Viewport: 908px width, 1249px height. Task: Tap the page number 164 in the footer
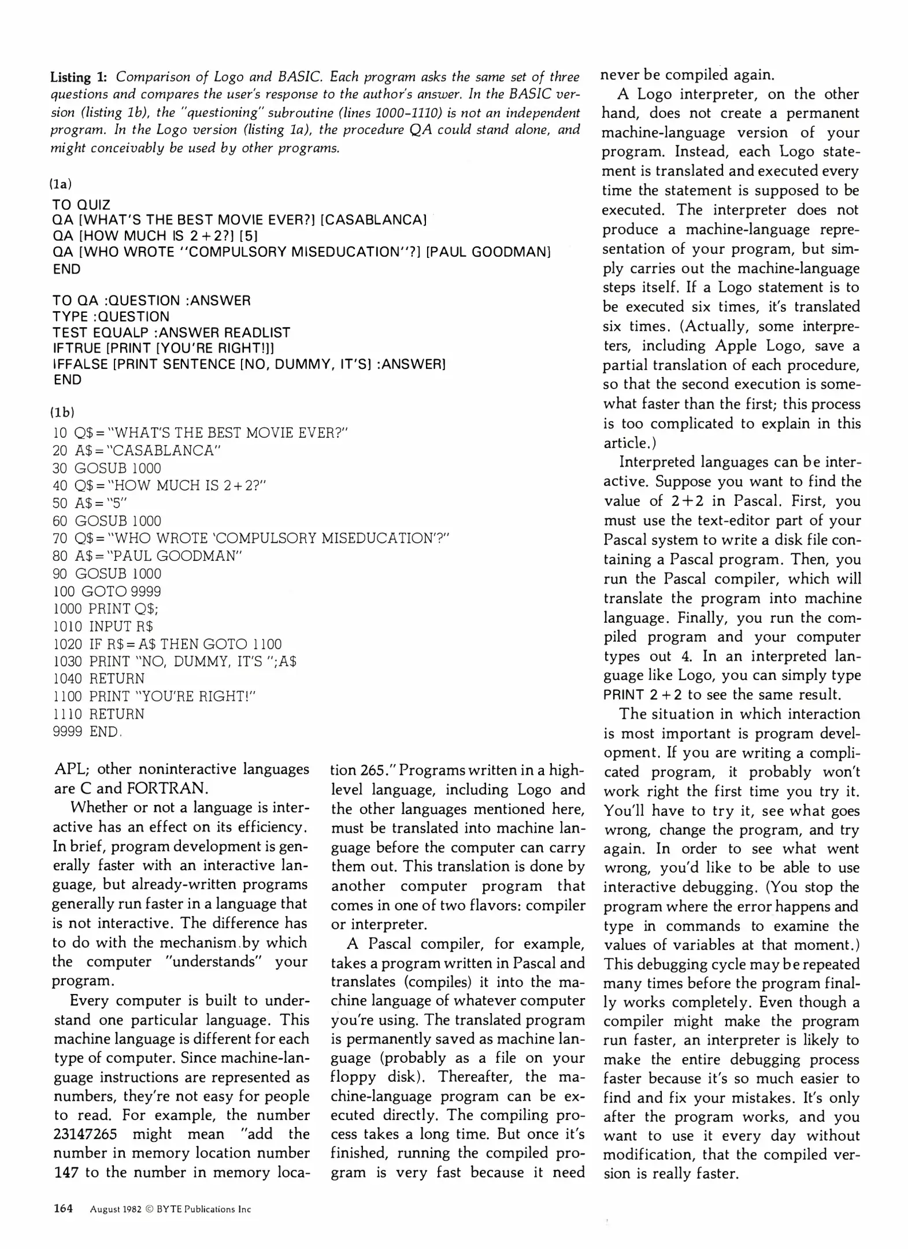click(63, 1209)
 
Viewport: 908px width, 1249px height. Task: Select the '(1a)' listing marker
click(61, 184)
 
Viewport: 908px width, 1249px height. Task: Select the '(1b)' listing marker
click(62, 412)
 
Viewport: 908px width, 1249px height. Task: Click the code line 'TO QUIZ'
click(81, 205)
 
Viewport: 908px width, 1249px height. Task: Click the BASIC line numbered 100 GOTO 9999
click(107, 592)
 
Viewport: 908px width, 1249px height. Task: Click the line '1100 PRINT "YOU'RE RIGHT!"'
click(154, 696)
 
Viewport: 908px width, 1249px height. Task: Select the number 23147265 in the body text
click(85, 1134)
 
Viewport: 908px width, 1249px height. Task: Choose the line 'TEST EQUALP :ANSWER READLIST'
click(171, 332)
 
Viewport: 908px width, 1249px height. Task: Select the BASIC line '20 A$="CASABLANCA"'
click(137, 450)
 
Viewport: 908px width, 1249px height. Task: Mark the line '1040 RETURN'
click(98, 679)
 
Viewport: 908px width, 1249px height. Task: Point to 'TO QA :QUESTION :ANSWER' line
click(151, 301)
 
